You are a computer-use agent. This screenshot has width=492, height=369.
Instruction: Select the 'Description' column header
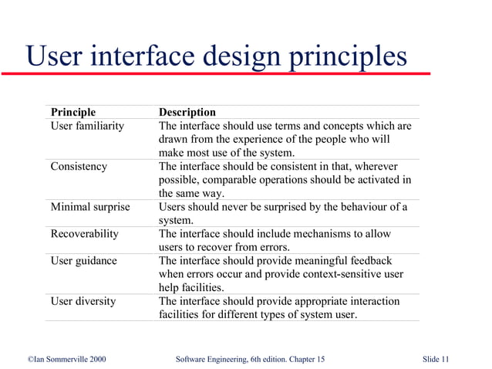[x=187, y=113]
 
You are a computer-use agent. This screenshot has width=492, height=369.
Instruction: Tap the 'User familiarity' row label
[x=87, y=126]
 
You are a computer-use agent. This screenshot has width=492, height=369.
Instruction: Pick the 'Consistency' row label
[x=79, y=166]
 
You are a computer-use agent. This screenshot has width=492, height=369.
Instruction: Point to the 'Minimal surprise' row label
[x=89, y=207]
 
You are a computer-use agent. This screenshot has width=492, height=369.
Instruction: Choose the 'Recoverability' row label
[x=84, y=233]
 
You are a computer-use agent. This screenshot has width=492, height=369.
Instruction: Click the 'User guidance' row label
[x=83, y=260]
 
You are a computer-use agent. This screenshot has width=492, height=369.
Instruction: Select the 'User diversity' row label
[x=83, y=301]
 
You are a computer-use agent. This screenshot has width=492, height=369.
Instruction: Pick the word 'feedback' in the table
[x=369, y=260]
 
